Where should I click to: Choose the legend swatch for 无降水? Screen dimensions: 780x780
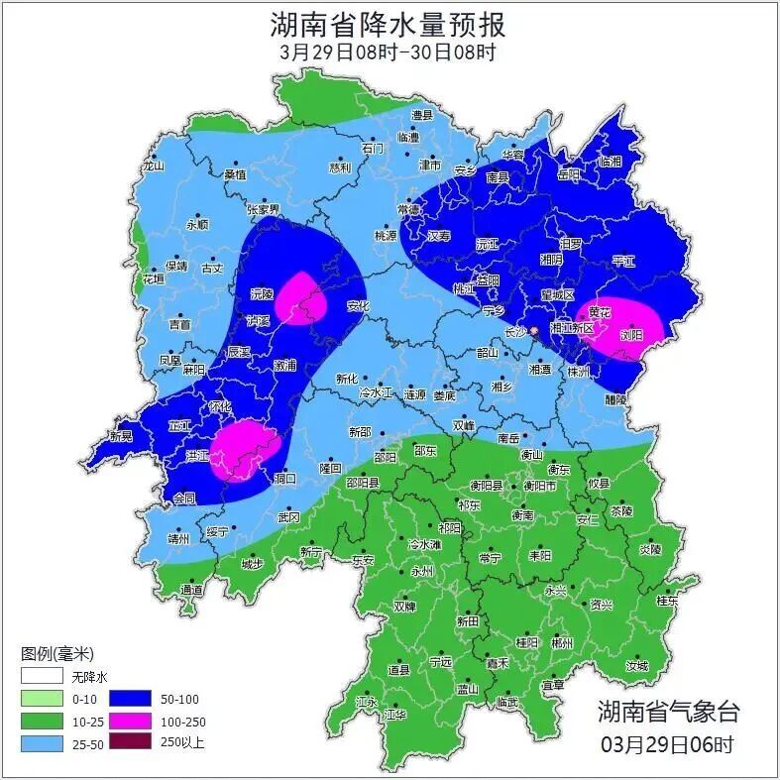coord(42,678)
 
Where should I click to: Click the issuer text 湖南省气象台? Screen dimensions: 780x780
coord(668,711)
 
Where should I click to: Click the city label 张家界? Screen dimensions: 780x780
coord(264,210)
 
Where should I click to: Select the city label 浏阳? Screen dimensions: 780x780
coord(630,335)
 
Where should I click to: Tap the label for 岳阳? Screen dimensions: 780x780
coord(569,173)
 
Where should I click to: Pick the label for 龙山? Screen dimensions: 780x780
coord(153,167)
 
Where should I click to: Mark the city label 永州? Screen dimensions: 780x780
coord(422,572)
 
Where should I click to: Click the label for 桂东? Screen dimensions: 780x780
coord(667,600)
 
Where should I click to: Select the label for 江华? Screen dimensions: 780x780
coord(395,714)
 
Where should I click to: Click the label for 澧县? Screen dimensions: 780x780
coord(423,116)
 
